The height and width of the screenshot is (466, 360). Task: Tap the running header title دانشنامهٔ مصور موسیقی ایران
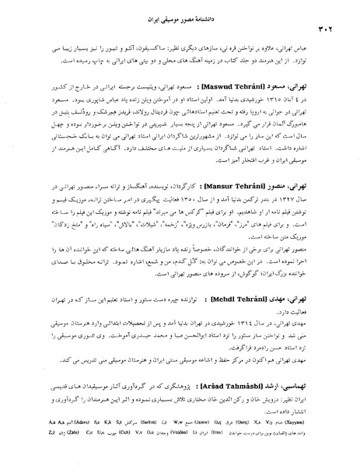pyautogui.click(x=178, y=14)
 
